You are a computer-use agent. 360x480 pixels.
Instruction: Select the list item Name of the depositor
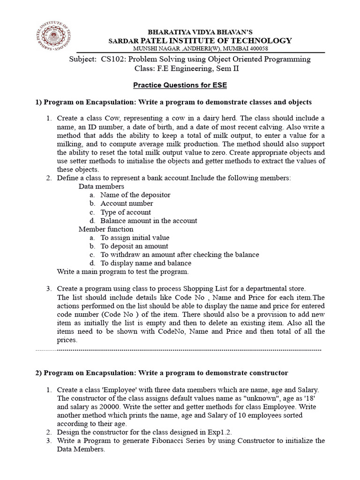point(135,195)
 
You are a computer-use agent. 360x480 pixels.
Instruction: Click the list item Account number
point(127,203)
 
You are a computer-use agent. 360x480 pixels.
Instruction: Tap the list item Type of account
point(126,212)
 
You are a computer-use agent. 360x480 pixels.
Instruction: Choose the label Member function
point(105,229)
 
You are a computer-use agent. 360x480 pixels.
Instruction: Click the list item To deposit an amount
point(134,246)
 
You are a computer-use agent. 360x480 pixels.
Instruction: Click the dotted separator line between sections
point(178,350)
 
